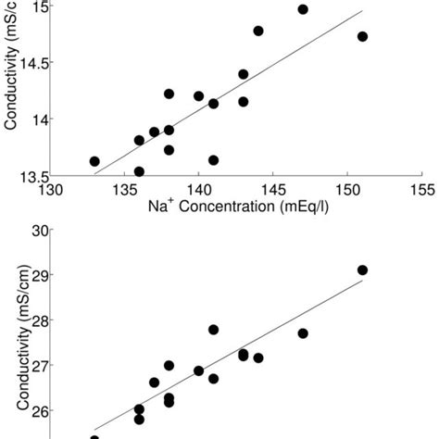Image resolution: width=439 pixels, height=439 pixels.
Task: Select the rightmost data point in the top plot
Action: pos(362,36)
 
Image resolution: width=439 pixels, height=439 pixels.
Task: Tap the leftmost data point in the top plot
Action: pos(94,161)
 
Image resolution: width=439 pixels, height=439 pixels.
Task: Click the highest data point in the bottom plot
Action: pos(362,270)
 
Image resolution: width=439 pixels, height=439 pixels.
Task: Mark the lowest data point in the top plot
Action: pos(139,171)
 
